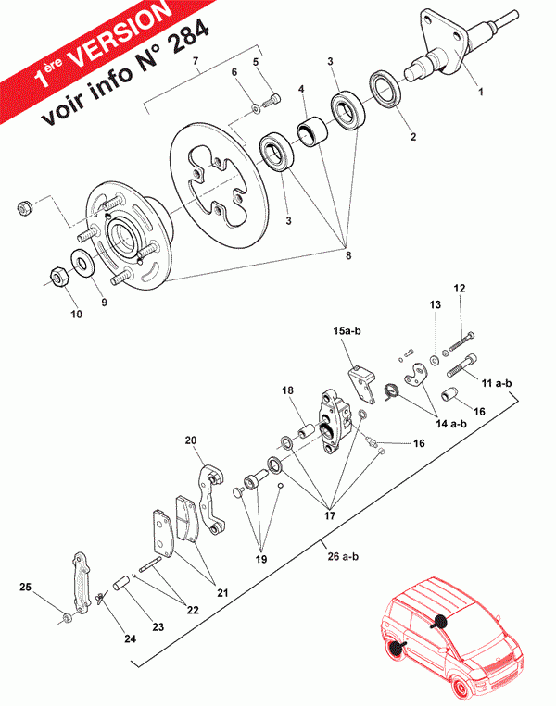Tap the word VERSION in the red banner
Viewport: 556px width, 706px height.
(121, 34)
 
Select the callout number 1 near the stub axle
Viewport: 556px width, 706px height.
(481, 92)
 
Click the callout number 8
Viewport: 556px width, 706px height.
(348, 255)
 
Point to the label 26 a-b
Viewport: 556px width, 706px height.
(343, 556)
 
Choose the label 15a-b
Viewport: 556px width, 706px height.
(347, 331)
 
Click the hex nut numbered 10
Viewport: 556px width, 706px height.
(58, 277)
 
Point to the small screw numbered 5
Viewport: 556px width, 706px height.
(271, 100)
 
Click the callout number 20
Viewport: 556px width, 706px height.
(191, 440)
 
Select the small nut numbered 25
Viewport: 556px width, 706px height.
(67, 617)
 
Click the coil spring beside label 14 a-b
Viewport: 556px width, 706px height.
(390, 390)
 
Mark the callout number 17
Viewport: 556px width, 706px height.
(330, 515)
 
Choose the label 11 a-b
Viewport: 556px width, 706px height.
(497, 383)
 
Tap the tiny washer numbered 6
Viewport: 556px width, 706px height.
(256, 108)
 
